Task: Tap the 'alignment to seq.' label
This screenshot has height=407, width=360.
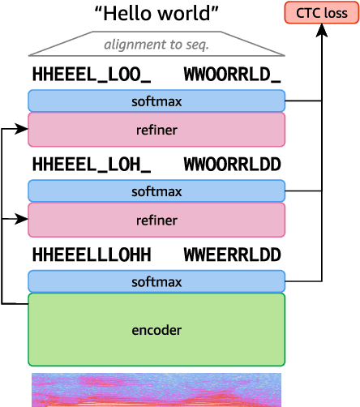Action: tap(156, 45)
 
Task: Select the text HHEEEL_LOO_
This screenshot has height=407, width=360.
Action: tap(92, 75)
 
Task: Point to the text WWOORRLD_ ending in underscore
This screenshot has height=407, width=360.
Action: tap(232, 75)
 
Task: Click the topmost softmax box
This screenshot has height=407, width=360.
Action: tap(156, 101)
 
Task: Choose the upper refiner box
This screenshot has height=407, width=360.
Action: tap(156, 130)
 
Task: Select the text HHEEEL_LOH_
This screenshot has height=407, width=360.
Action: tap(92, 165)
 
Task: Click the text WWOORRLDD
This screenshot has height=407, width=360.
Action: tap(232, 165)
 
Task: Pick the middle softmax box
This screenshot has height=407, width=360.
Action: tap(156, 191)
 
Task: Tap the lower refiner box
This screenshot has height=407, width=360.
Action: tap(156, 220)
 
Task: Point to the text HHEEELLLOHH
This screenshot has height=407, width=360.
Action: tap(92, 255)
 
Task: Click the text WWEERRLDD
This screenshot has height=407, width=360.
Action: tap(232, 255)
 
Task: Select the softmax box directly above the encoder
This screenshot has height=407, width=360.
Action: tap(156, 281)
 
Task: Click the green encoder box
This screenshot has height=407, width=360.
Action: tap(156, 330)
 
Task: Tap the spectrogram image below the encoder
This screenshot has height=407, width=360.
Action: tap(156, 390)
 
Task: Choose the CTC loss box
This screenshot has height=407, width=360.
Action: tap(321, 13)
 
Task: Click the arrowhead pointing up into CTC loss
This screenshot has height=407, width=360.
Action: tap(322, 30)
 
